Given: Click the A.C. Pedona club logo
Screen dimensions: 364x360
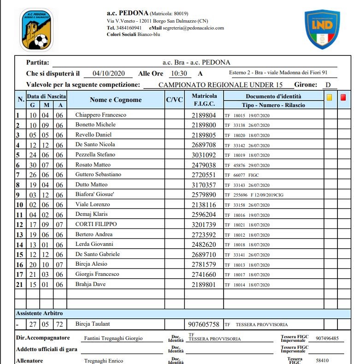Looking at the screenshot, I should pos(36,30).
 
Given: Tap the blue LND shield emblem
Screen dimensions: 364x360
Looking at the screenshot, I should pos(322,30).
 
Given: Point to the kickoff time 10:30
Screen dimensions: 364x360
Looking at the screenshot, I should pos(178,74).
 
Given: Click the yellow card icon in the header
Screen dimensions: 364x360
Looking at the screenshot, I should pos(330,97).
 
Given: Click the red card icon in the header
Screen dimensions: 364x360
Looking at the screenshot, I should pos(343,97).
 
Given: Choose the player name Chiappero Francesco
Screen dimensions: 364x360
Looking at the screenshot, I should pos(101,115).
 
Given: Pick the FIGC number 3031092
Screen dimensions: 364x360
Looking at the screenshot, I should pos(204,155).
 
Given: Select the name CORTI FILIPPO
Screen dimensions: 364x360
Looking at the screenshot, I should pos(96,224).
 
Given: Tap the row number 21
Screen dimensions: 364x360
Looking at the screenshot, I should pos(20,284).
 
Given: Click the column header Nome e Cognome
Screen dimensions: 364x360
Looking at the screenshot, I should pos(116,100).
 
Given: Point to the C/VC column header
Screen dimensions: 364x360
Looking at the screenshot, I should pos(174,100).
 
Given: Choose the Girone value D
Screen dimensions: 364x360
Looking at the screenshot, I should pos(328,85).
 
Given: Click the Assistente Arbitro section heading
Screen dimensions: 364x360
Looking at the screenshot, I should pos(40,313).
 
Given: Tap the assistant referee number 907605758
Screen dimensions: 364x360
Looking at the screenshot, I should pos(204,325).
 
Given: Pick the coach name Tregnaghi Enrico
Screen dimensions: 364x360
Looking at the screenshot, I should pos(104,361).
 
